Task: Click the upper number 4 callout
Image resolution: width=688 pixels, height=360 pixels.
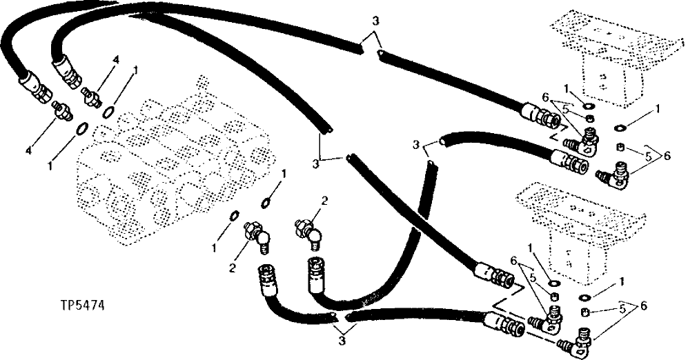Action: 116,60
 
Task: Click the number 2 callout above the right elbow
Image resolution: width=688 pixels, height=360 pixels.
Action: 323,201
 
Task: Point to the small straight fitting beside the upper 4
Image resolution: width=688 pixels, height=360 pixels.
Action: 90,94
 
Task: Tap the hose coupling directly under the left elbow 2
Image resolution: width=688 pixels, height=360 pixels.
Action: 266,279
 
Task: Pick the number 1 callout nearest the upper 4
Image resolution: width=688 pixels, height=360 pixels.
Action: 136,70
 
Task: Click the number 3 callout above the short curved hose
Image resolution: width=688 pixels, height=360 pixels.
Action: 415,144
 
